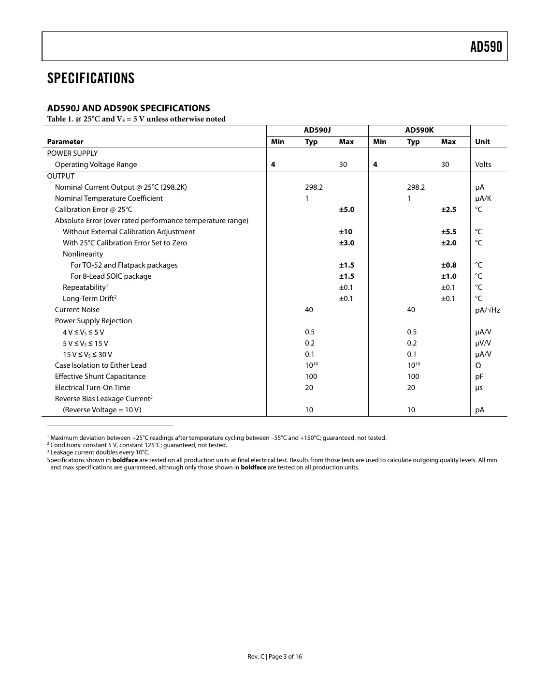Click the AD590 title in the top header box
[486, 47]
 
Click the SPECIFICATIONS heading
[91, 78]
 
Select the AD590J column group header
[317, 130]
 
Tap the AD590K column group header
[419, 130]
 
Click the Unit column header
[482, 142]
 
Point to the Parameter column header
[65, 142]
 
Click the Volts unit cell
[483, 165]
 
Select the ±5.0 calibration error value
[346, 210]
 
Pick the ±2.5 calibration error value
[448, 210]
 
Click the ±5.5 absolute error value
[448, 232]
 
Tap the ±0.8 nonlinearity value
[448, 265]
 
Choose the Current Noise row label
[77, 310]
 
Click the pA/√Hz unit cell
[487, 310]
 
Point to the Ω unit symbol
[478, 366]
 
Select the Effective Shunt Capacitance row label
[100, 376]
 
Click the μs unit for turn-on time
[478, 388]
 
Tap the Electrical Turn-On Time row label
[92, 388]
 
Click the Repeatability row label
[85, 287]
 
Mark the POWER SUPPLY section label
[72, 153]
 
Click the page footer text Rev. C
[256, 657]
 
